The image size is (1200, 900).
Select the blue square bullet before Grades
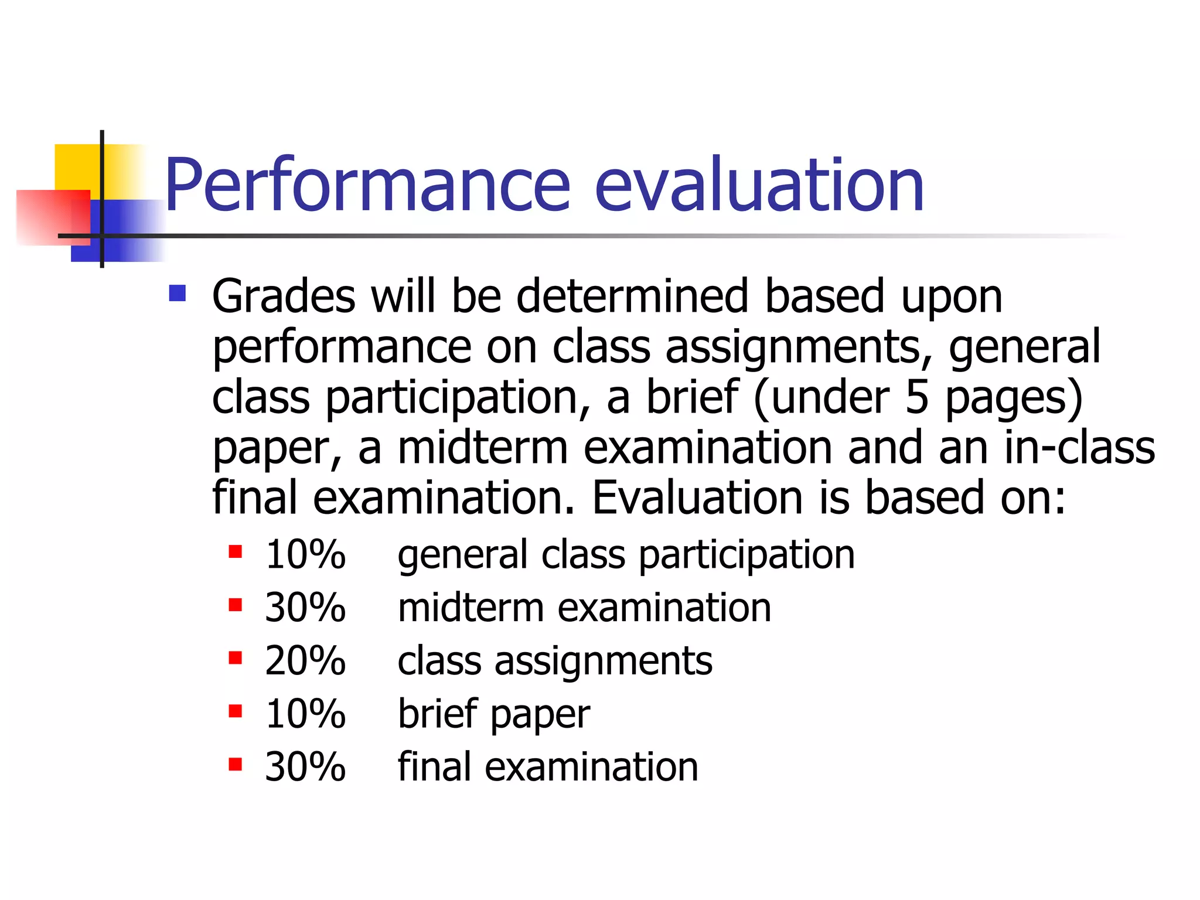pyautogui.click(x=177, y=293)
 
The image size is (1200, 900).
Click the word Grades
pyautogui.click(x=284, y=296)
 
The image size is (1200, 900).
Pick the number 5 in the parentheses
pyautogui.click(x=917, y=397)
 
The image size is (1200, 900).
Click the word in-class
pyautogui.click(x=1079, y=448)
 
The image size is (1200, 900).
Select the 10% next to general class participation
pyautogui.click(x=305, y=554)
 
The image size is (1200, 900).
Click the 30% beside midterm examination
pyautogui.click(x=305, y=608)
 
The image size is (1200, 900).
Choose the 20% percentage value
pyautogui.click(x=305, y=661)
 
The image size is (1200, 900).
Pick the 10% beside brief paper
pyautogui.click(x=305, y=714)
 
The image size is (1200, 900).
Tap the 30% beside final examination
pyautogui.click(x=305, y=767)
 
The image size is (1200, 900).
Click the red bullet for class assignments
pyautogui.click(x=236, y=658)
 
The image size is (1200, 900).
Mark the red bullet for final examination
pyautogui.click(x=236, y=764)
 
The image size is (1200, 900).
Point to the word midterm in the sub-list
pyautogui.click(x=471, y=608)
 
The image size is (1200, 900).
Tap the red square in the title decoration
pyautogui.click(x=53, y=217)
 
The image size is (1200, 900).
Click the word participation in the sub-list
pyautogui.click(x=746, y=555)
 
